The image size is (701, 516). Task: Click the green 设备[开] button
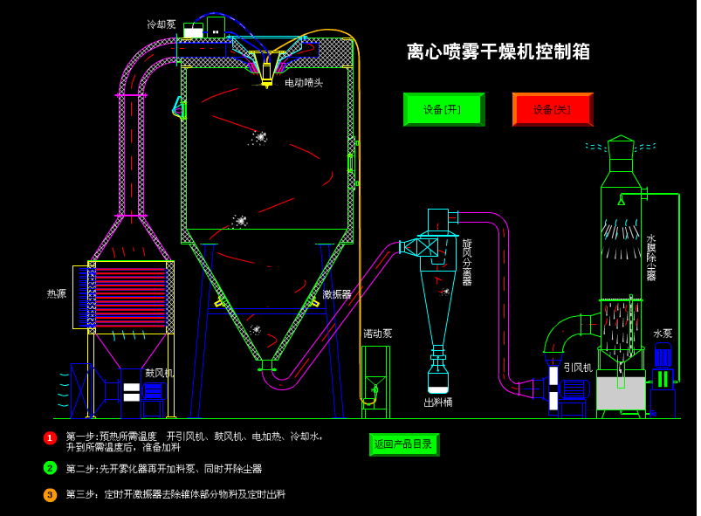pyautogui.click(x=443, y=109)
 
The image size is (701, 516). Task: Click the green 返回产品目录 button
pyautogui.click(x=403, y=444)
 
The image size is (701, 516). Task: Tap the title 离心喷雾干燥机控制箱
pyautogui.click(x=498, y=52)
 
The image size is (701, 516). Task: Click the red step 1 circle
pyautogui.click(x=50, y=437)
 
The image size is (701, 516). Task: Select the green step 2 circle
pyautogui.click(x=50, y=468)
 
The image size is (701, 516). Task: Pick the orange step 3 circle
pyautogui.click(x=50, y=495)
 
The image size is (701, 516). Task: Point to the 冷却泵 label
pyautogui.click(x=162, y=24)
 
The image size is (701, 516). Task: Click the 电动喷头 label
pyautogui.click(x=304, y=83)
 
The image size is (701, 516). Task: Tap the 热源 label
pyautogui.click(x=57, y=294)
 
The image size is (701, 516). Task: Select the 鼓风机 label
pyautogui.click(x=159, y=373)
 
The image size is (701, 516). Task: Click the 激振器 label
pyautogui.click(x=337, y=295)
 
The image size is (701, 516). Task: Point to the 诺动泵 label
pyautogui.click(x=378, y=334)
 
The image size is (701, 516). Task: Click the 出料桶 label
pyautogui.click(x=438, y=402)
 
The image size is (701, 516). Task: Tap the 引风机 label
pyautogui.click(x=578, y=368)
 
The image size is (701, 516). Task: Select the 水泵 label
pyautogui.click(x=663, y=334)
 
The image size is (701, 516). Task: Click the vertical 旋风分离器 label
pyautogui.click(x=467, y=262)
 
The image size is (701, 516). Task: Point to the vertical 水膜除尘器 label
pyautogui.click(x=651, y=257)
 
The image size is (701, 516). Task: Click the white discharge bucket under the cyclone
pyautogui.click(x=438, y=380)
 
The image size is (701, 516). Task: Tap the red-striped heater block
pyautogui.click(x=130, y=297)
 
